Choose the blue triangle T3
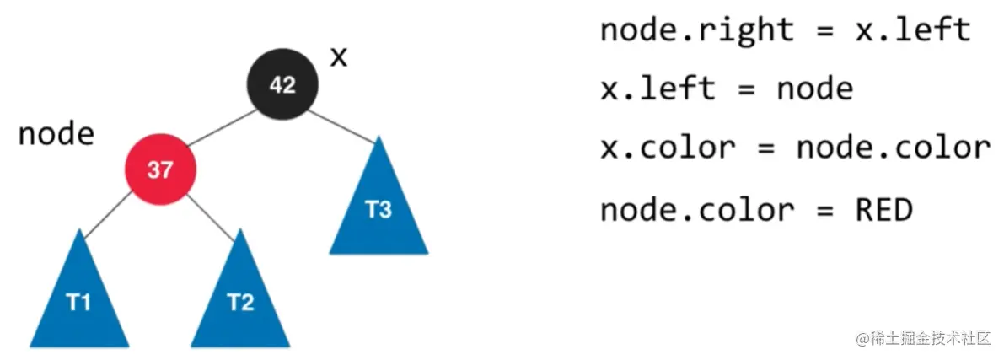[379, 207]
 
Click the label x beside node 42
[338, 57]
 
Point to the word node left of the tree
[56, 133]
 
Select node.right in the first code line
[696, 31]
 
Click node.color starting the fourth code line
[696, 209]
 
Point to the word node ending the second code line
[814, 89]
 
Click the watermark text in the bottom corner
[924, 339]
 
